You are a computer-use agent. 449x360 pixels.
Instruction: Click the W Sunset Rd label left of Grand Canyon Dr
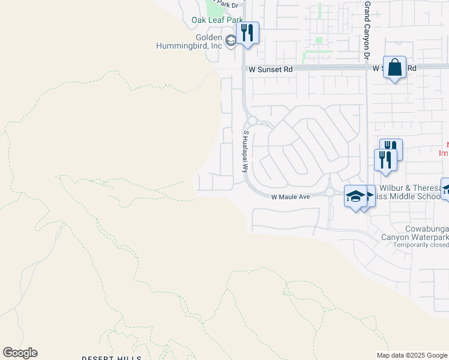point(271,70)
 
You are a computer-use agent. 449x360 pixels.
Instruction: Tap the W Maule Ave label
point(290,197)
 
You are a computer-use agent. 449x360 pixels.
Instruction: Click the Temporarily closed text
point(415,245)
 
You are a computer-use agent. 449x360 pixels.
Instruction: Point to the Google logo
point(20,353)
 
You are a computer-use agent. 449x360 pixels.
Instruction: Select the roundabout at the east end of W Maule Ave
point(330,192)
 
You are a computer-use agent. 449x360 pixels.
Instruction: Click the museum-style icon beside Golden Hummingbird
point(231,41)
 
